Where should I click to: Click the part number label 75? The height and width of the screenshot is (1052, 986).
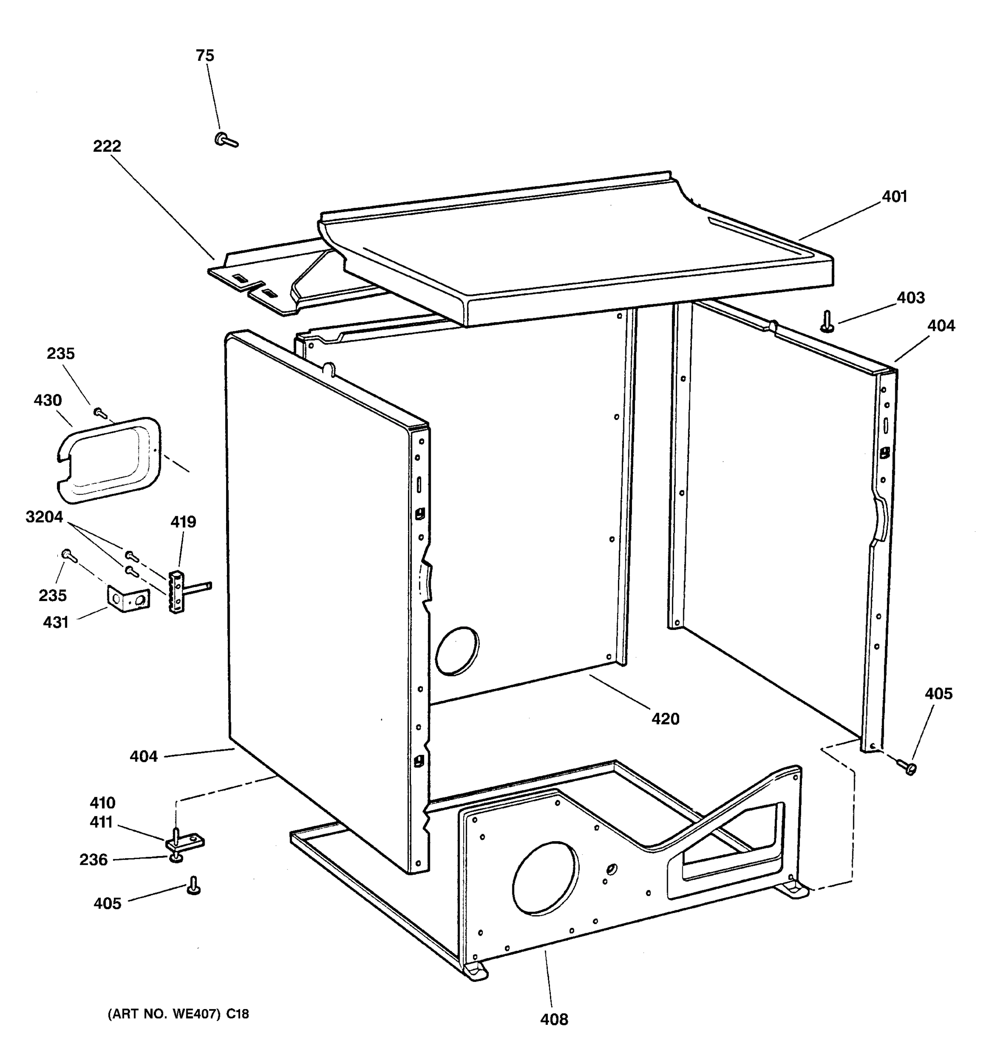pos(205,56)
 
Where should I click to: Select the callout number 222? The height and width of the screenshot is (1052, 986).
pos(107,146)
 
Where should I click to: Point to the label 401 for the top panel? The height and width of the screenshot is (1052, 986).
pos(894,197)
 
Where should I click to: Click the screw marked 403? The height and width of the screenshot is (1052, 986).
pos(826,322)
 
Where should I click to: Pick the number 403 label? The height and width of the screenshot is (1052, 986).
pos(910,298)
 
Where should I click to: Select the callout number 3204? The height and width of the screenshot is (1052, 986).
pos(44,517)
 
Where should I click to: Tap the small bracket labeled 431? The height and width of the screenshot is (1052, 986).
pos(128,598)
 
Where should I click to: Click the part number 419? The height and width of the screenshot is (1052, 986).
pos(183,522)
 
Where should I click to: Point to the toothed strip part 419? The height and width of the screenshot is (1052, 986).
pos(176,592)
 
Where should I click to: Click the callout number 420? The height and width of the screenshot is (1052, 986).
pos(665,718)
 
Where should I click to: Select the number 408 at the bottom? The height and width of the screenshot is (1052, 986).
pos(554,1019)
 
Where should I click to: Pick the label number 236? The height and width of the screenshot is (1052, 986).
pos(94,860)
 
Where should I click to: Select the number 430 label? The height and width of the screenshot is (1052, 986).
pos(48,401)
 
